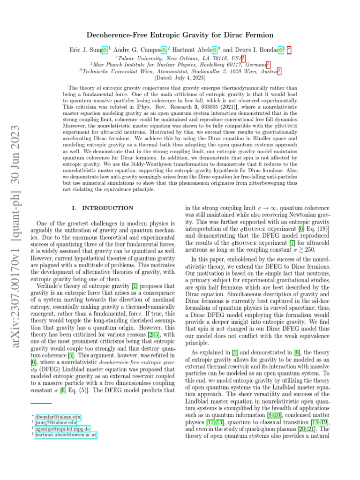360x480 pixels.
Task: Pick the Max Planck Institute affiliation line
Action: (180, 64)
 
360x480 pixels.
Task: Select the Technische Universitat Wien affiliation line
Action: (180, 71)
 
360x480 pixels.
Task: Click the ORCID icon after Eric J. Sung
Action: (105, 48)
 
